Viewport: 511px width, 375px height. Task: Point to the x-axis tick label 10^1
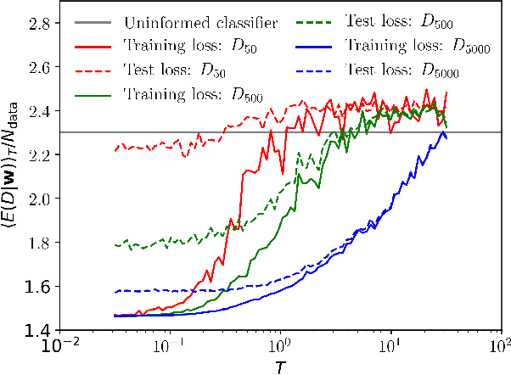[391, 345]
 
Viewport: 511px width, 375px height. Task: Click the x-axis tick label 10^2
[501, 345]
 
